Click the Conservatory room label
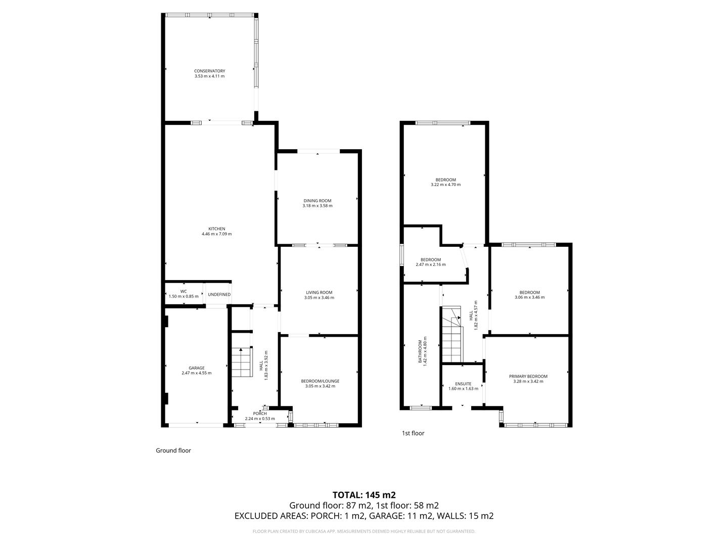[x=209, y=71]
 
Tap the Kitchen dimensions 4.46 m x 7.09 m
[x=216, y=234]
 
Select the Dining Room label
[x=317, y=201]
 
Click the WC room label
[x=184, y=291]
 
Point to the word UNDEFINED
[x=219, y=294]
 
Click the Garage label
[x=196, y=368]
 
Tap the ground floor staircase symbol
[x=242, y=362]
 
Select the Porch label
[x=260, y=414]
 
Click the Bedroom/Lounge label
[x=320, y=381]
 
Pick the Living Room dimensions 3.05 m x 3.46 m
[x=319, y=298]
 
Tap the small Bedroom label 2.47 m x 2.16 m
[x=431, y=264]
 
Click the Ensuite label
[x=463, y=384]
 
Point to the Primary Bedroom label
[x=528, y=376]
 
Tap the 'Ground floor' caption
[x=173, y=450]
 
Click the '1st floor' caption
[x=413, y=433]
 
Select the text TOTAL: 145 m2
[x=363, y=494]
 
